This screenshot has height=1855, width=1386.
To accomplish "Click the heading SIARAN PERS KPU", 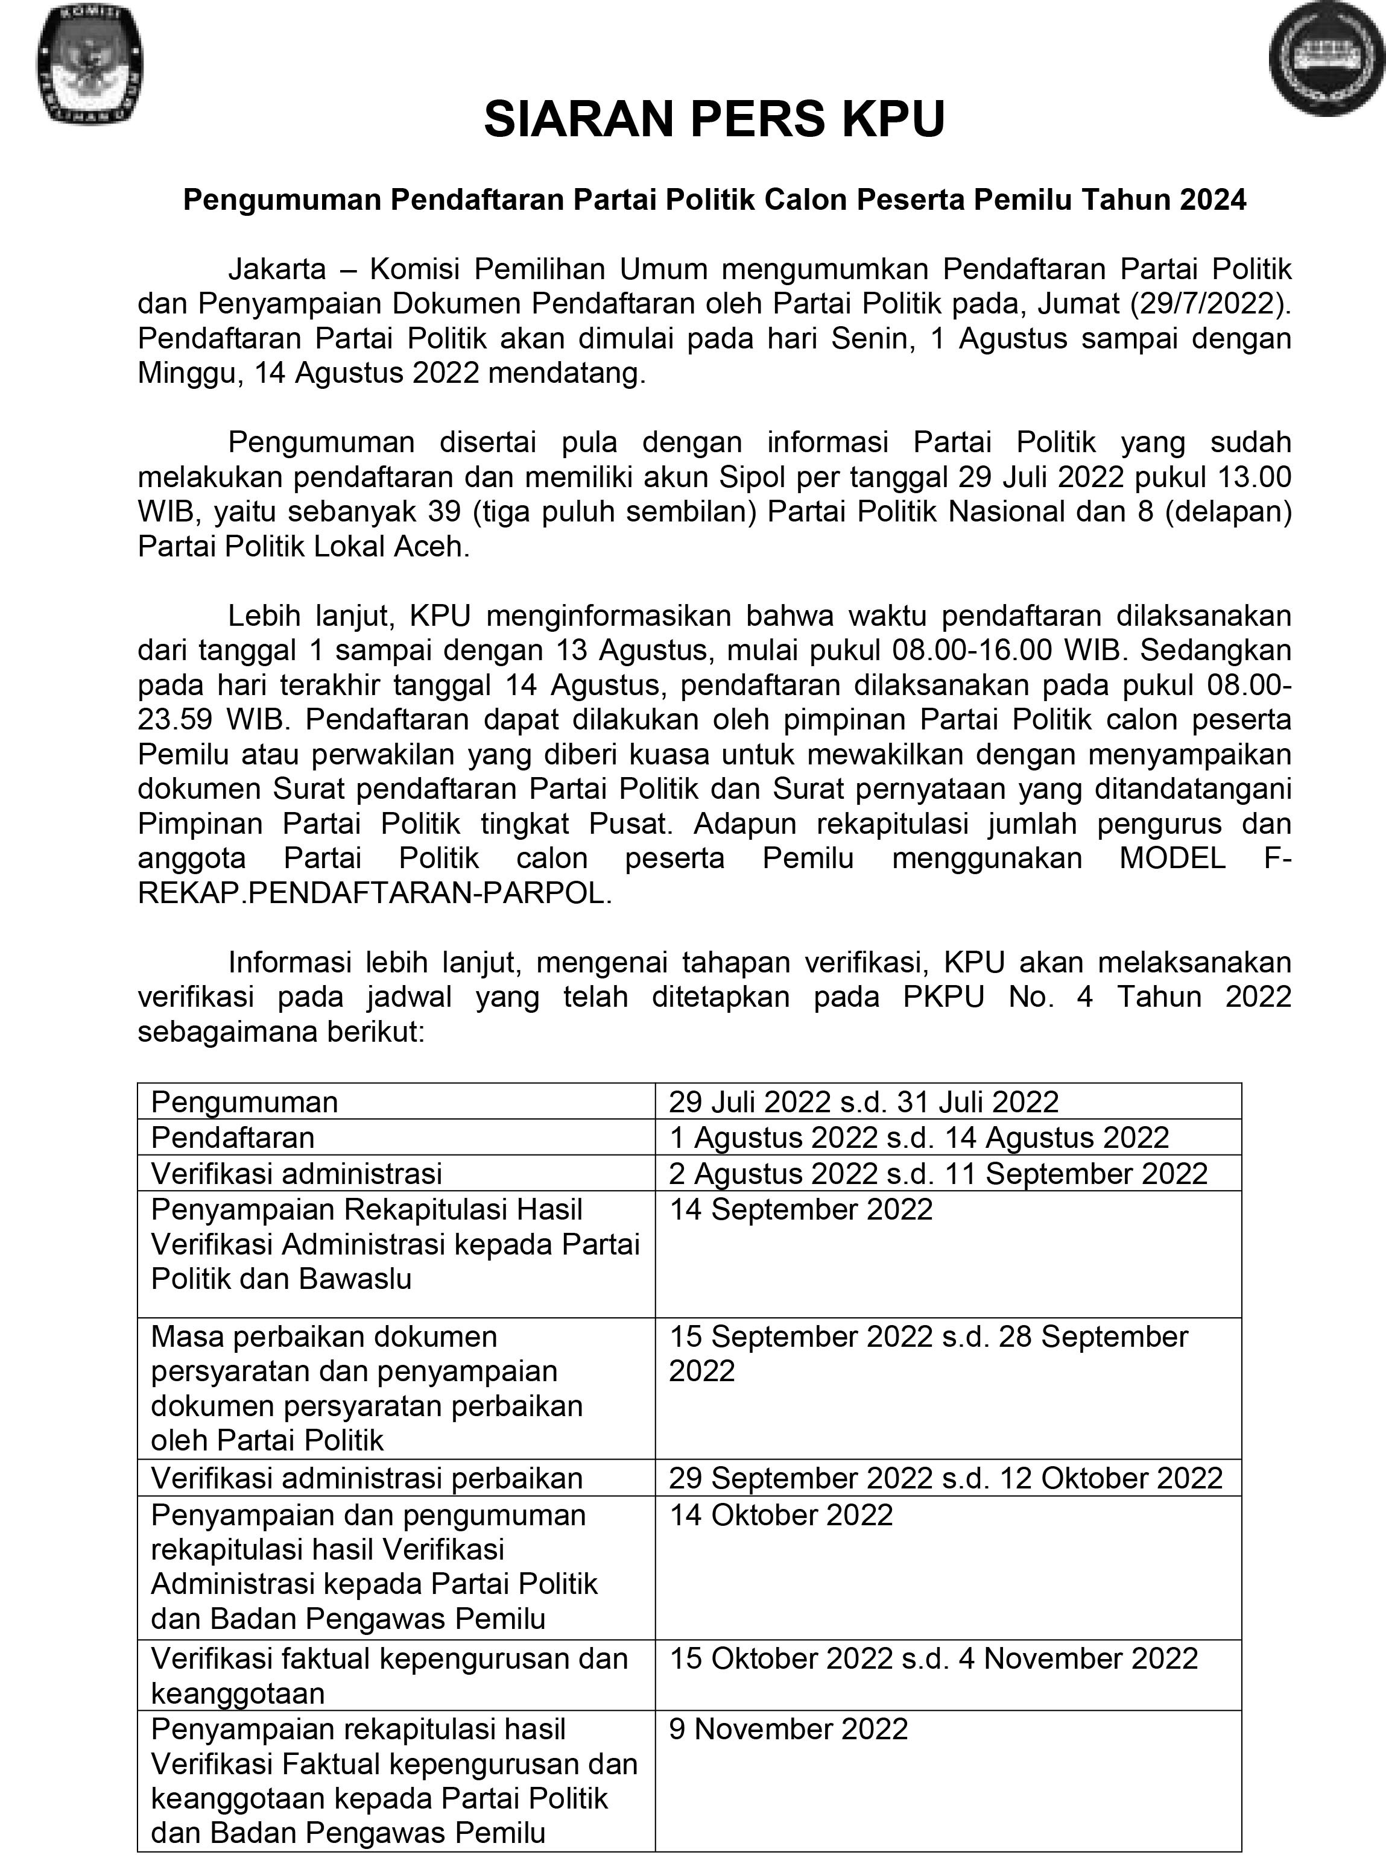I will click(714, 118).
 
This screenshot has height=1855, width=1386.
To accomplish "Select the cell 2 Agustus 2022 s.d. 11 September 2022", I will click(938, 1174).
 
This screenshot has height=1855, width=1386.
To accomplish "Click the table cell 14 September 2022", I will click(800, 1209).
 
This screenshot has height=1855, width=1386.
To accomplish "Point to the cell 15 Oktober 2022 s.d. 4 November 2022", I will click(933, 1658).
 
